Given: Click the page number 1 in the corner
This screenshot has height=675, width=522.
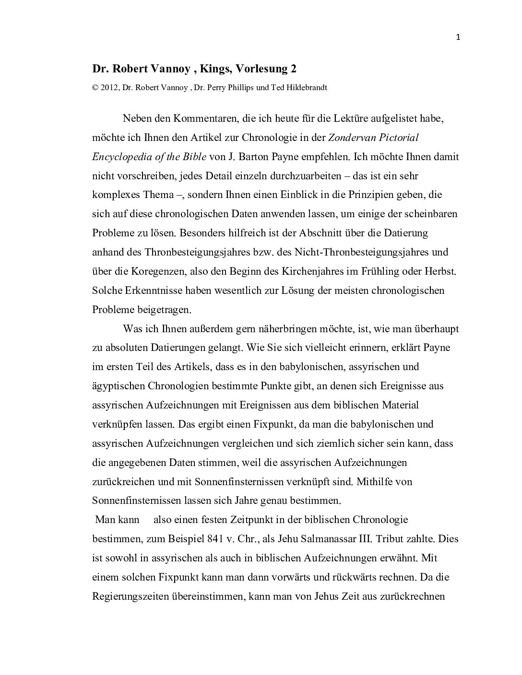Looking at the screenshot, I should [x=458, y=38].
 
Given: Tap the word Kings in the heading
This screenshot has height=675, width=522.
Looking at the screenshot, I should [x=216, y=69].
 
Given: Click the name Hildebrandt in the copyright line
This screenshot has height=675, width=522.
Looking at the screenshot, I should [x=307, y=88].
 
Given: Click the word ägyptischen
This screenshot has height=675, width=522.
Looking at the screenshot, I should [x=118, y=386].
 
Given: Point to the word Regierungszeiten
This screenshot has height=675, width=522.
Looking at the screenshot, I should [x=125, y=597].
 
